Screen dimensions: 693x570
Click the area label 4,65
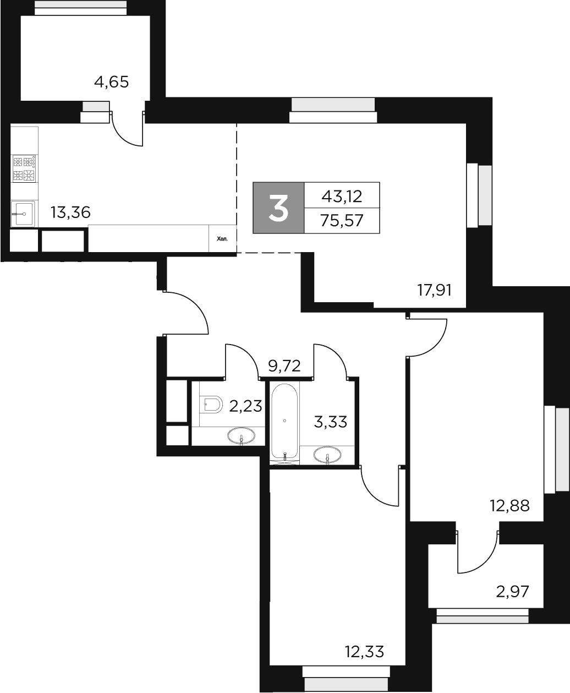pos(111,83)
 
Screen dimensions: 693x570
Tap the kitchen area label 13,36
pos(70,212)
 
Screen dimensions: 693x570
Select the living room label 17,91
pos(434,290)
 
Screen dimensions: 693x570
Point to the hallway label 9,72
pos(284,365)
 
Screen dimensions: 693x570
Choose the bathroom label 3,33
pos(330,422)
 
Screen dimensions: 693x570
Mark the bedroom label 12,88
pos(509,505)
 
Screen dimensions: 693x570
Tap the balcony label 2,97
pos(512,592)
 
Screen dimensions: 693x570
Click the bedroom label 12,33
pos(364,652)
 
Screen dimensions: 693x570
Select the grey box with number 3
pos(278,208)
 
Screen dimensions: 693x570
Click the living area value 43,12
pos(342,195)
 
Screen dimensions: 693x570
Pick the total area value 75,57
pos(342,221)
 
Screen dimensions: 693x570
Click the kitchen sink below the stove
pos(23,213)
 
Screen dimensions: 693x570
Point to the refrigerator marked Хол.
pos(222,239)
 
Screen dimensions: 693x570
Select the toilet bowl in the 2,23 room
pos(211,405)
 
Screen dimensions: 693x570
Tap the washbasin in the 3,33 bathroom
pos(327,455)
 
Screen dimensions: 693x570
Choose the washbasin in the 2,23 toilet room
pos(241,437)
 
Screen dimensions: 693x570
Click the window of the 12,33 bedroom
pos(346,672)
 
